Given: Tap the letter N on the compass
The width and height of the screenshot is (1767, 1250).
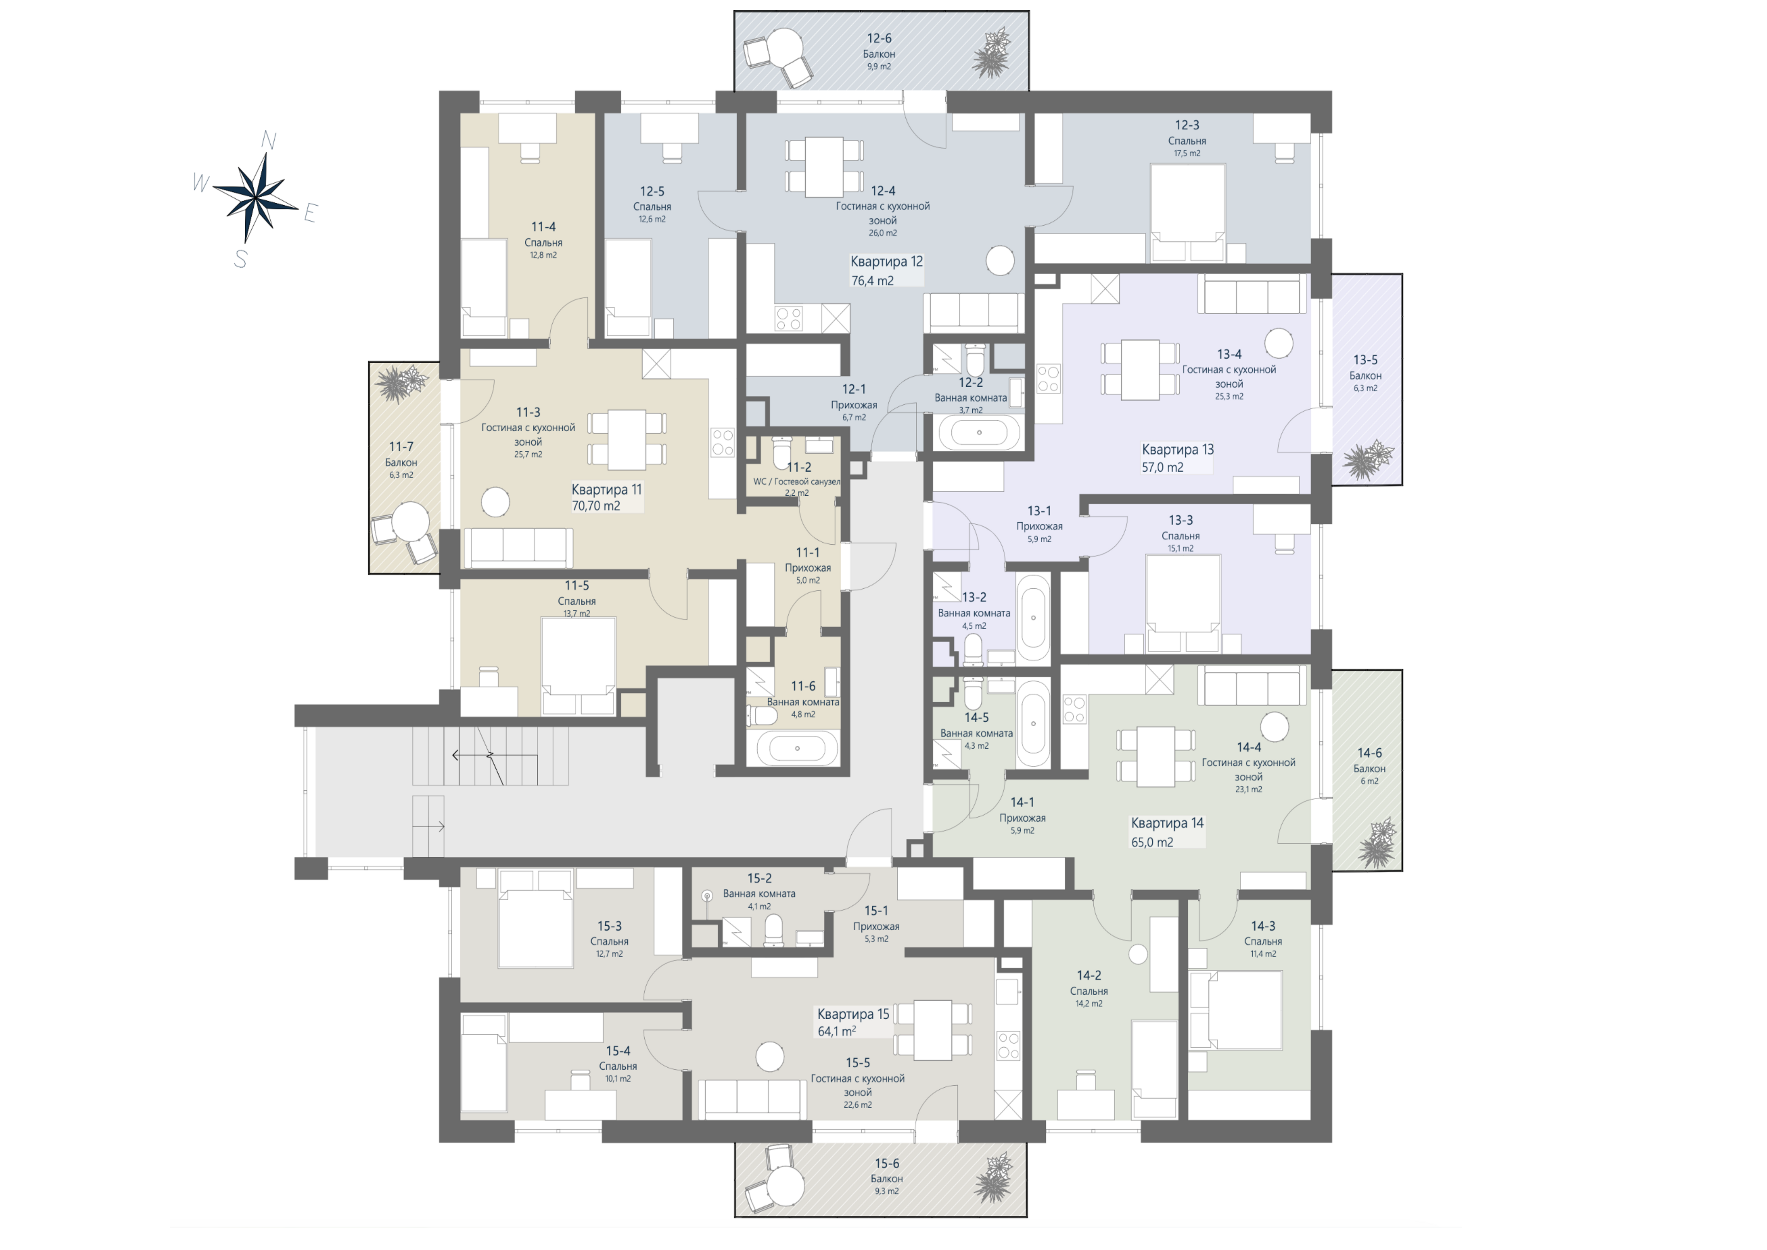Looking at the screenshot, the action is click(269, 140).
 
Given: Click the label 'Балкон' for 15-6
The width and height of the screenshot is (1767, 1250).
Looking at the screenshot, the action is click(887, 1178).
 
